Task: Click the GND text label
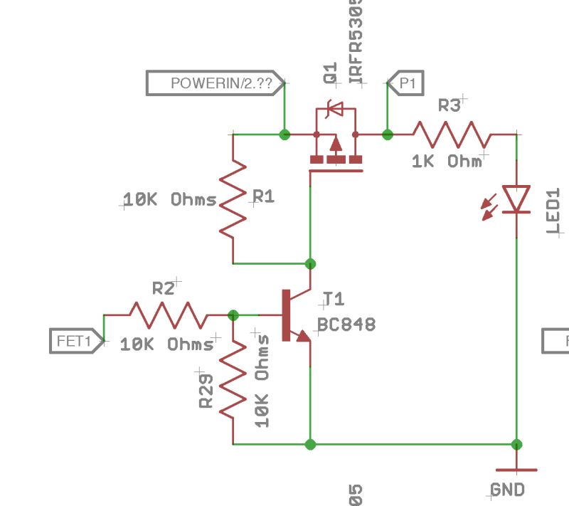tap(508, 490)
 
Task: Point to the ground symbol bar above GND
tap(517, 470)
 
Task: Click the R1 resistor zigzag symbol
tap(233, 199)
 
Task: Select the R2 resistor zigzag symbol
tap(168, 315)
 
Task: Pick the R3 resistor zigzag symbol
tap(451, 134)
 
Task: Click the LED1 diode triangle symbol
tap(516, 199)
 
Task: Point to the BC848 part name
tap(346, 325)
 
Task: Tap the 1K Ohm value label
tap(446, 162)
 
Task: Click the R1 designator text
tap(264, 197)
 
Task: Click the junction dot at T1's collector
tap(310, 264)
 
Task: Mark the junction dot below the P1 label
tap(388, 134)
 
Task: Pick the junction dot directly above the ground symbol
tap(517, 444)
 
